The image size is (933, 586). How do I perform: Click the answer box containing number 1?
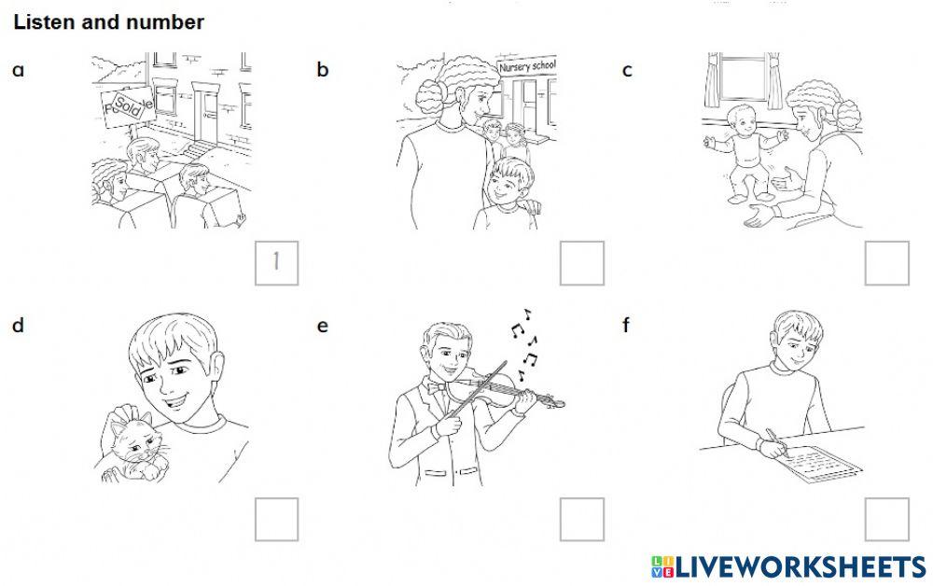tap(277, 263)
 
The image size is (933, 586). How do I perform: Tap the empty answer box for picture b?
tap(582, 263)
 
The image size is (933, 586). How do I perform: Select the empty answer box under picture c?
tap(886, 263)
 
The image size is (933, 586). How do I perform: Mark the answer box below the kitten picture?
tap(277, 520)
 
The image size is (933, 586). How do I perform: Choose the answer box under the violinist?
tap(582, 520)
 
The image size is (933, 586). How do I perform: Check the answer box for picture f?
tap(886, 520)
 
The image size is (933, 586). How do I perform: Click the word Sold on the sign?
tap(128, 105)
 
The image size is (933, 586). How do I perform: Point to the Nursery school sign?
tap(527, 64)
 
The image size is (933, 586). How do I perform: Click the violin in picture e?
tap(506, 392)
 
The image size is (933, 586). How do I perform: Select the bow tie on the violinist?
tap(436, 387)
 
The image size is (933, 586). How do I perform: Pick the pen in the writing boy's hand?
tap(776, 442)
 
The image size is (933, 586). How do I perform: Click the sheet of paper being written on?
tap(824, 464)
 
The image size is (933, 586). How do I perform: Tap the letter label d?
tap(18, 326)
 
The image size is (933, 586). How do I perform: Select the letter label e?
tap(322, 326)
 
